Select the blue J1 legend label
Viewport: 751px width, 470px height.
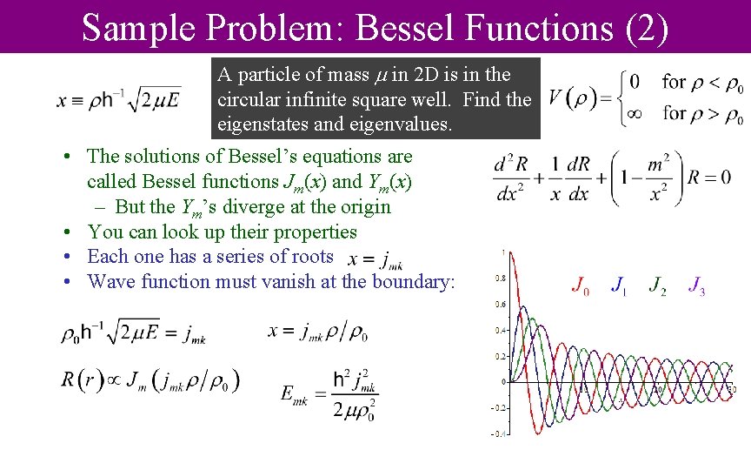618,285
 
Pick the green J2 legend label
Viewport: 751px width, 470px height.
658,285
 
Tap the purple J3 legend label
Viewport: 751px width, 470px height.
696,285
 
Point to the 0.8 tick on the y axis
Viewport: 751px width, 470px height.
501,279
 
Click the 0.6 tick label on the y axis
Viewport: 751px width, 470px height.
501,305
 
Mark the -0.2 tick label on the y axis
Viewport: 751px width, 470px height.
499,407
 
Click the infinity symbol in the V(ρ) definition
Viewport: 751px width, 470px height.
635,112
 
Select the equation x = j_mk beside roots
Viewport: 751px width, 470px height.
375,259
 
